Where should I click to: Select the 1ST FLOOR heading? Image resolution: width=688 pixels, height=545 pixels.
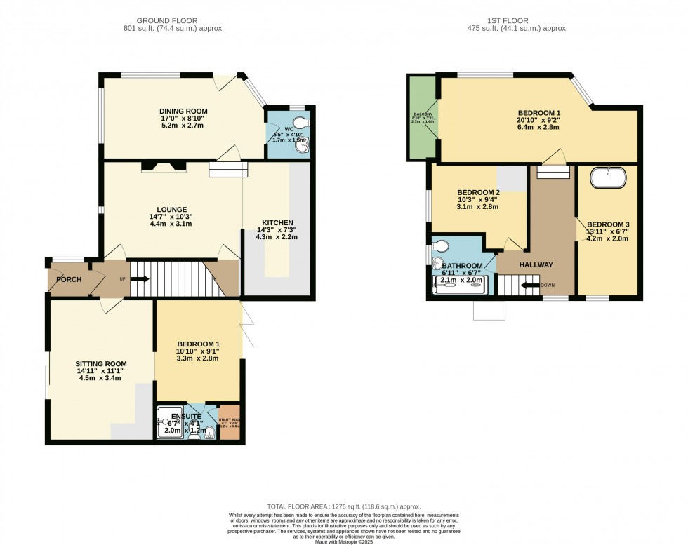508,21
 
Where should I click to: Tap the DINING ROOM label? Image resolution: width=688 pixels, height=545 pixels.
183,112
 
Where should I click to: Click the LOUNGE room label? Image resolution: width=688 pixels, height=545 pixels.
172,209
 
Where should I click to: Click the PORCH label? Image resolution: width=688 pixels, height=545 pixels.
69,280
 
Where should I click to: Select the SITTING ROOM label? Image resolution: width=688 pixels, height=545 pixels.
99,363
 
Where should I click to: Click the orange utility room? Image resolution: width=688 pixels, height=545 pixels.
229,423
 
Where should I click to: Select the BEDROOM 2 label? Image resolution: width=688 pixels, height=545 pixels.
478,193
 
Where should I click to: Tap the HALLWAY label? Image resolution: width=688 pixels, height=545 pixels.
536,264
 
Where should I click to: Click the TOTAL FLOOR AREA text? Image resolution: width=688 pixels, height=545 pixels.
343,506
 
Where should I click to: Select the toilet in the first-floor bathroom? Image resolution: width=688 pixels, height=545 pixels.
440,247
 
